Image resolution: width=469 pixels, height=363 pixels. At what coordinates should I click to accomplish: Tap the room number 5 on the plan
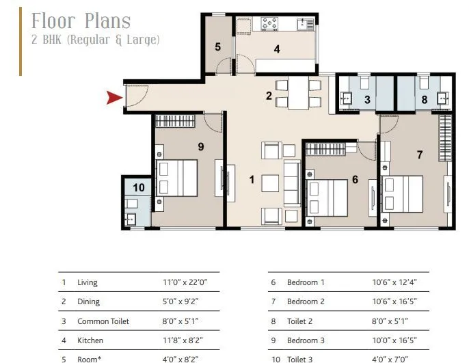(217, 47)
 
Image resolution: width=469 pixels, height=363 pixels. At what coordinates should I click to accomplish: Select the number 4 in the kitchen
(276, 49)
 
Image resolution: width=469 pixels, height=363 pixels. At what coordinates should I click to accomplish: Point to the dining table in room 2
(298, 94)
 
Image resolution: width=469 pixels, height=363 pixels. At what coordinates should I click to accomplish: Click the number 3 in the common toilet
(367, 100)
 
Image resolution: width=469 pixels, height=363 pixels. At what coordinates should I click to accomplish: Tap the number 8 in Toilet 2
(425, 100)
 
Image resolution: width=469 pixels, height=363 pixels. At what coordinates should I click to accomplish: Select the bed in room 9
(177, 177)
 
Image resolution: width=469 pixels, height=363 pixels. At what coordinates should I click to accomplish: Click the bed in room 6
(329, 198)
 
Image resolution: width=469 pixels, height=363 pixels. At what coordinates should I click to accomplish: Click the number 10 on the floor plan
(139, 187)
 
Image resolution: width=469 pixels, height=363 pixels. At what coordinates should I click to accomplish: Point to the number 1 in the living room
(252, 180)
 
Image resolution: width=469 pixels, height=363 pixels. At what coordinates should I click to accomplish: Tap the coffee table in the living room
(270, 183)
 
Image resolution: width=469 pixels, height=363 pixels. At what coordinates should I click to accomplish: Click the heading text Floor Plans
(81, 21)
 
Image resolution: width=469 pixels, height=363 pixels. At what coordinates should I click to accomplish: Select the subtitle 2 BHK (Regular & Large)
(96, 40)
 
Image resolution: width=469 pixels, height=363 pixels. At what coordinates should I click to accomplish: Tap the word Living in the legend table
(88, 282)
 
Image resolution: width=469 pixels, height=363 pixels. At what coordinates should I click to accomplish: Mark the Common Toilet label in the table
(103, 321)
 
